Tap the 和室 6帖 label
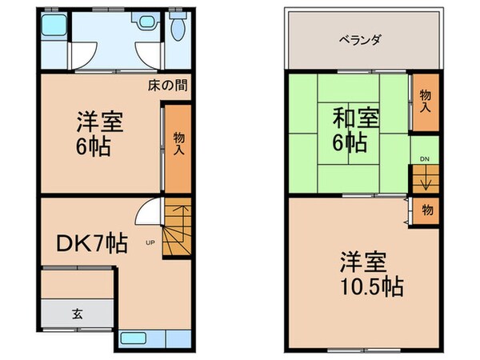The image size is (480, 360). pyautogui.click(x=350, y=132)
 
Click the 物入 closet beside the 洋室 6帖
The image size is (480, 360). pyautogui.click(x=179, y=145)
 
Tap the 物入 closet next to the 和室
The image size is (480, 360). pyautogui.click(x=425, y=102)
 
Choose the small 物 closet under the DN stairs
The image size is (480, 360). pyautogui.click(x=427, y=210)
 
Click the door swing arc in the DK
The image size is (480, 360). pyautogui.click(x=146, y=214)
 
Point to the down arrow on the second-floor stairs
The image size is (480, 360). pyautogui.click(x=426, y=181)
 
